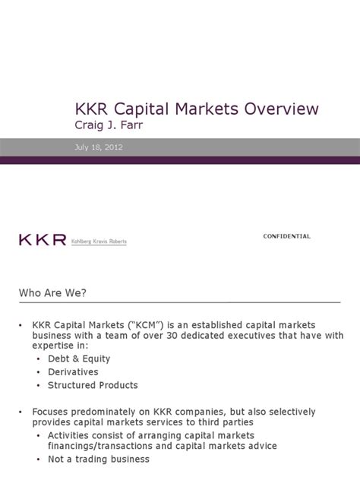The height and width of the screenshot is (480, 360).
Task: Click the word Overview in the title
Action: point(281,109)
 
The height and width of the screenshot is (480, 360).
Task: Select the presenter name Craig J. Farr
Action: point(109,125)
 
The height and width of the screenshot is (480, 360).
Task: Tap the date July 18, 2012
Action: point(99,147)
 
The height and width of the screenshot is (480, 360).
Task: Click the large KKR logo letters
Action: point(43,240)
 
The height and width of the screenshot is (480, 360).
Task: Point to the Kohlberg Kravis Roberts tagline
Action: point(99,242)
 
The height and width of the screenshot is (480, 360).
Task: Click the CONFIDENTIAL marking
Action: point(286,236)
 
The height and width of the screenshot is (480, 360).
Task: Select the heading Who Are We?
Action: point(52,293)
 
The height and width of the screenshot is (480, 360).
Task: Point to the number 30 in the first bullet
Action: point(172,336)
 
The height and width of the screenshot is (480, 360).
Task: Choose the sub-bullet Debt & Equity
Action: point(79,358)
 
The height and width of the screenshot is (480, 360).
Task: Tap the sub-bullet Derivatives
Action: point(73,372)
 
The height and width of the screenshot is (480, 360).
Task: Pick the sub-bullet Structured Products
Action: point(93,385)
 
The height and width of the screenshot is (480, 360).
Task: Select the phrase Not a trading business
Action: point(99,459)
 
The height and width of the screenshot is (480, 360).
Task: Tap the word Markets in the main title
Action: point(207,109)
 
